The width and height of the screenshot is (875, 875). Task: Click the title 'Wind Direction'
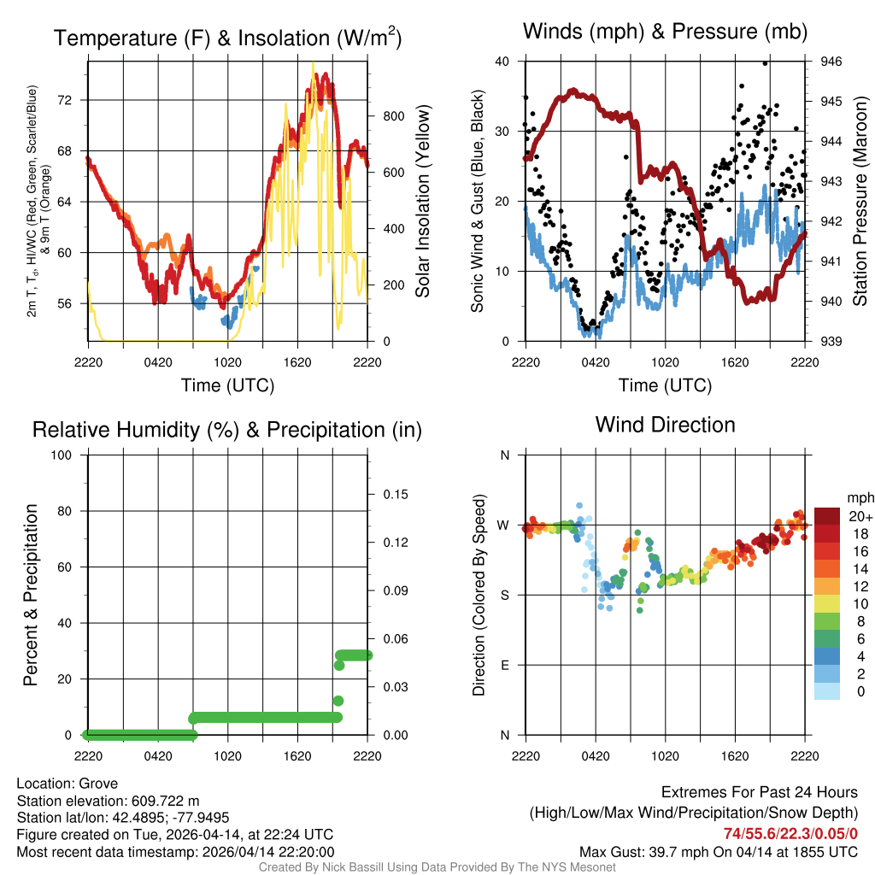[665, 425]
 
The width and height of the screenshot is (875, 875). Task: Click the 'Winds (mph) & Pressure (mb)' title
[665, 32]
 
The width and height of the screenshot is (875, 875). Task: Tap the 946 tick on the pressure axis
[831, 62]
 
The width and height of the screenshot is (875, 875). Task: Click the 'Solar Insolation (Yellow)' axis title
[422, 202]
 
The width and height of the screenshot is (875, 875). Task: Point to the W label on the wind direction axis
[505, 525]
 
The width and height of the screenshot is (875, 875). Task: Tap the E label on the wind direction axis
[505, 665]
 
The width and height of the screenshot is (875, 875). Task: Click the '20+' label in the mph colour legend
[860, 516]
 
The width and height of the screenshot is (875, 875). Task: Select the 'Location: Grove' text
[67, 784]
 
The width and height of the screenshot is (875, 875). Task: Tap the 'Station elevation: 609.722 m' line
[108, 801]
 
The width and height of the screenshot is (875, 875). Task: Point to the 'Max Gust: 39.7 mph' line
[718, 851]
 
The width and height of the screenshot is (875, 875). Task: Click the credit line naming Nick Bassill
[437, 867]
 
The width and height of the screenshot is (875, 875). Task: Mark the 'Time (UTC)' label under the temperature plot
[227, 385]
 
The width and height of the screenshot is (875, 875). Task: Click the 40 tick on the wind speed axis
[502, 62]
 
